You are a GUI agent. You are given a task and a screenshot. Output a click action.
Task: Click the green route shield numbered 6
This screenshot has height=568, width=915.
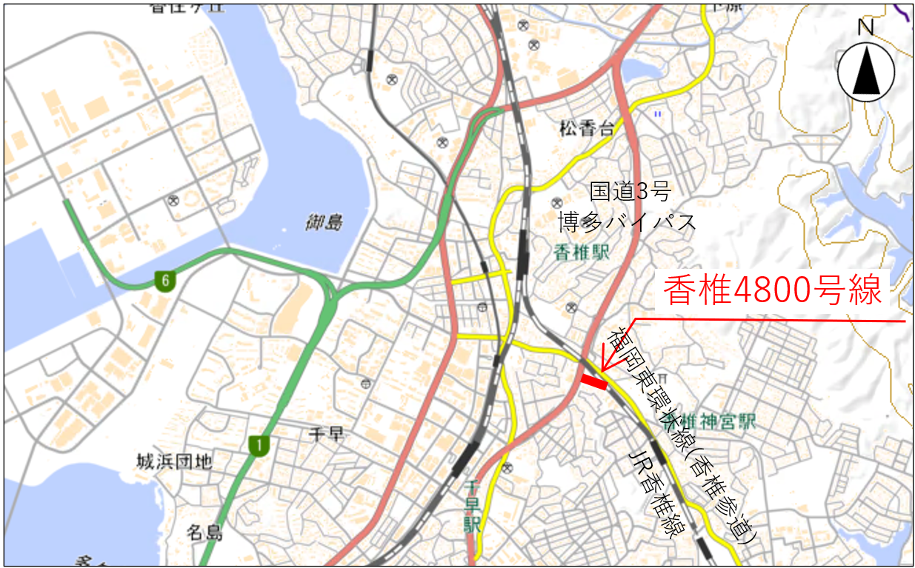pyautogui.click(x=164, y=281)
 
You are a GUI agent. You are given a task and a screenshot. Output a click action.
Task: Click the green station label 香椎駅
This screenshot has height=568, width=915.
pyautogui.click(x=581, y=253)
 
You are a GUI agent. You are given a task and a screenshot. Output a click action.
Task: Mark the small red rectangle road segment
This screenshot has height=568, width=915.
pyautogui.click(x=594, y=381)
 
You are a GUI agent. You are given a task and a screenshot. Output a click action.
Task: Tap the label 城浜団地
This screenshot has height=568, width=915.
pyautogui.click(x=175, y=462)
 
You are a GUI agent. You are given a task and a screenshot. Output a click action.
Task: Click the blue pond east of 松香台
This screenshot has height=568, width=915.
pyautogui.click(x=639, y=70)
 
